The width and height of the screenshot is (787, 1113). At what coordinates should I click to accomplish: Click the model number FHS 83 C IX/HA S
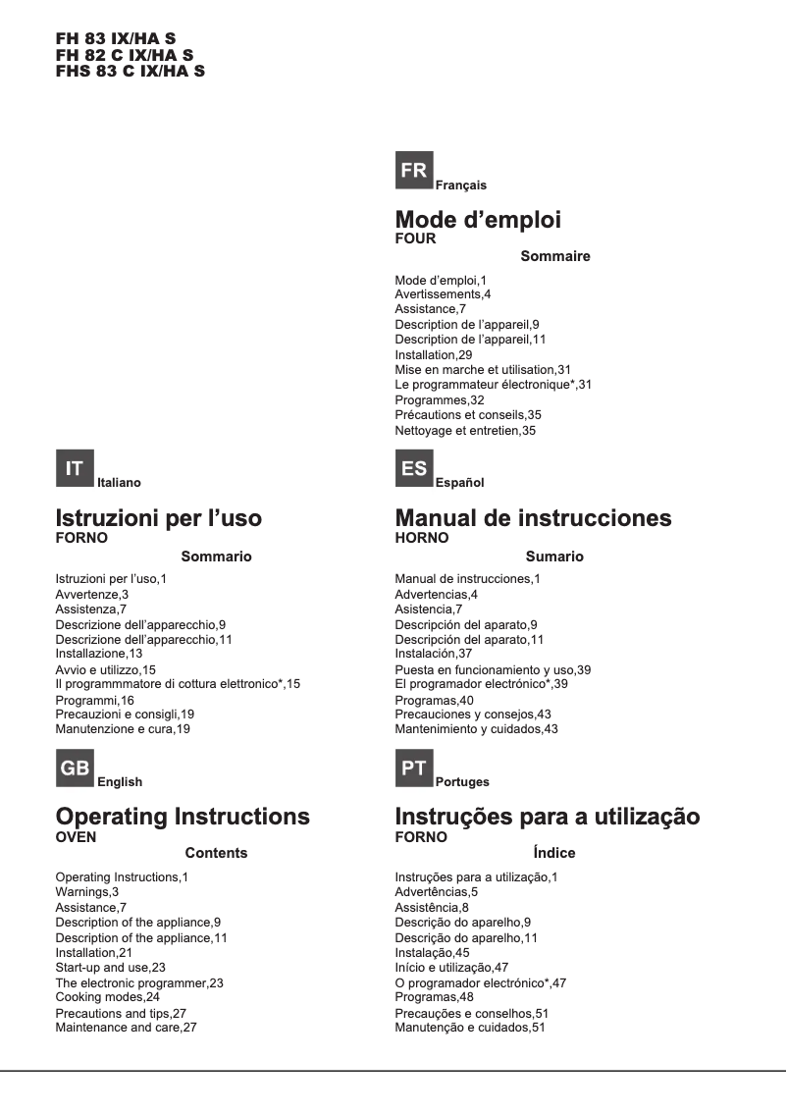(x=131, y=72)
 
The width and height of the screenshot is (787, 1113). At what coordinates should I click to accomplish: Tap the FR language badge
(x=414, y=171)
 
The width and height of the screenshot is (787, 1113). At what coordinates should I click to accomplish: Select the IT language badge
(x=75, y=469)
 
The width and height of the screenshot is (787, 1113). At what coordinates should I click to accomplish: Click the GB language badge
(x=75, y=768)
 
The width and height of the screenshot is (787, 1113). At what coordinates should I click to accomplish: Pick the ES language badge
(x=414, y=469)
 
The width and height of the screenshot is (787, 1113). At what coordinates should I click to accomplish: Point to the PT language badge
(x=414, y=768)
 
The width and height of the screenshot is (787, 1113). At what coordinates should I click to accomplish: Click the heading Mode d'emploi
(x=478, y=220)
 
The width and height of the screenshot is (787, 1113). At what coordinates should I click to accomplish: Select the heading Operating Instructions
(x=183, y=817)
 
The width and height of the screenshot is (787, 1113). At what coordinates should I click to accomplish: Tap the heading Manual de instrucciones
(x=533, y=518)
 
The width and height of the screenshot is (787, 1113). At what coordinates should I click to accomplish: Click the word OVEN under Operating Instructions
(x=77, y=837)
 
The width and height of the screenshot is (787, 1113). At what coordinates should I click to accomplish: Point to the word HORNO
(x=422, y=538)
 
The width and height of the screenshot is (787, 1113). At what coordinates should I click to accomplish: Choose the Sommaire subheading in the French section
(x=555, y=256)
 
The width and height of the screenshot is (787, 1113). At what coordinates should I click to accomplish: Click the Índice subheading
(x=554, y=853)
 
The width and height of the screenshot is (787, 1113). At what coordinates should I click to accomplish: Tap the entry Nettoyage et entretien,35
(x=465, y=430)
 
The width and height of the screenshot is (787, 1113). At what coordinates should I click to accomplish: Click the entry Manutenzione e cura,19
(x=123, y=729)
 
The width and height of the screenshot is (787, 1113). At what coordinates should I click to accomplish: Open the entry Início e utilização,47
(x=452, y=968)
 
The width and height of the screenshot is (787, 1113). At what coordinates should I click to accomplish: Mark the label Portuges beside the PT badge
(x=462, y=782)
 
